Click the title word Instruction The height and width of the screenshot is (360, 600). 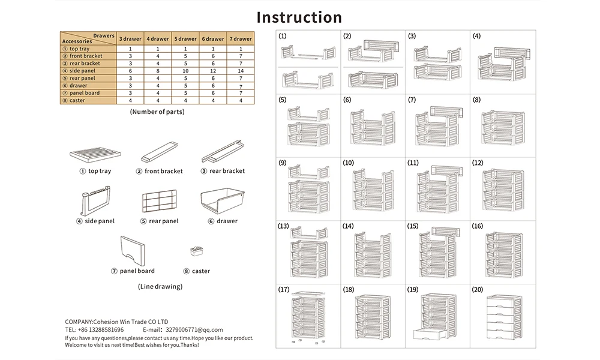299,17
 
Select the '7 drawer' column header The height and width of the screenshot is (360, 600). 241,38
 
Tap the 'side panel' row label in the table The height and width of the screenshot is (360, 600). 82,71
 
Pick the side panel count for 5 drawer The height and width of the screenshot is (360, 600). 185,71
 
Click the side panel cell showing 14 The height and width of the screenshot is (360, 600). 241,71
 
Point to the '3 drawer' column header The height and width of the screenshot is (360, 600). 130,38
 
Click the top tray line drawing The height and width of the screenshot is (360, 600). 95,154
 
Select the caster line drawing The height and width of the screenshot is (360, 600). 197,251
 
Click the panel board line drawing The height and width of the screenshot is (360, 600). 133,251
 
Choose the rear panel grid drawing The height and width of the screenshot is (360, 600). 159,201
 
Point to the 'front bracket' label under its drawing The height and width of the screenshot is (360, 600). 163,171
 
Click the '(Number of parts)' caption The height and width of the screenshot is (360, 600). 157,112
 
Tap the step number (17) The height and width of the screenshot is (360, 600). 284,290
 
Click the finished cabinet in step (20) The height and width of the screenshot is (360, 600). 505,317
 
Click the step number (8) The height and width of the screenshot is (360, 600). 476,100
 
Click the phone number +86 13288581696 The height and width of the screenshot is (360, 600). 101,330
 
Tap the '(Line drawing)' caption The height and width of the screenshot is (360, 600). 160,286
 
